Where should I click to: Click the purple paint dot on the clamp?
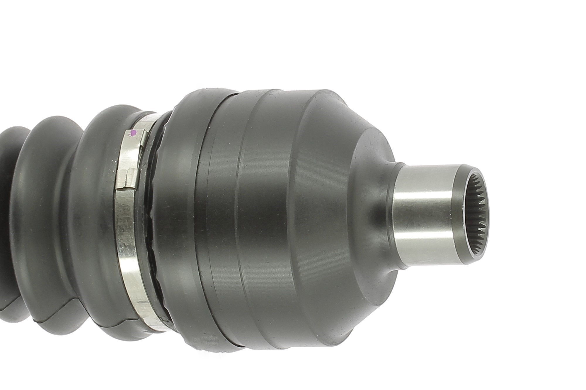click(133, 133)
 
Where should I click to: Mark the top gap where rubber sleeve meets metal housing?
click(231, 94)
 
